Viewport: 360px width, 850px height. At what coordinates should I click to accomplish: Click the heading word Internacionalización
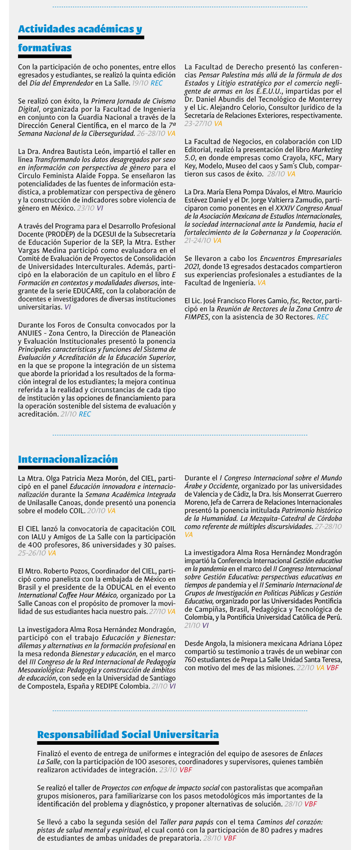pyautogui.click(x=68, y=459)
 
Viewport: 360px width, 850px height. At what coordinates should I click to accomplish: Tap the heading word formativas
pyautogui.click(x=45, y=48)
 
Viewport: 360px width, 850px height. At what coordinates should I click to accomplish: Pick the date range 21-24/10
pyautogui.click(x=198, y=241)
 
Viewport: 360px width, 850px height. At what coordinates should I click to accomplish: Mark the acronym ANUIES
pyautogui.click(x=30, y=333)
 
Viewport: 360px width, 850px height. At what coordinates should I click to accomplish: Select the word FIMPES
pyautogui.click(x=197, y=317)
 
